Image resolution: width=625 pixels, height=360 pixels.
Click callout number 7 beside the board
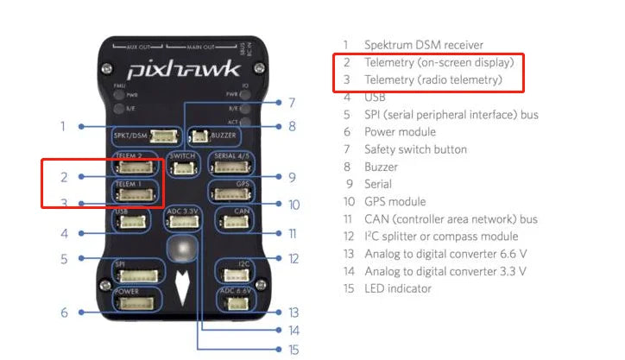coord(292,101)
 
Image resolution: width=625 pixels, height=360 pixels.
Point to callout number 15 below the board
coord(294,348)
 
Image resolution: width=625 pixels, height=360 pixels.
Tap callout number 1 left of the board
coord(63,126)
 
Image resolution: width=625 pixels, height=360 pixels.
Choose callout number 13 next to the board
coord(294,312)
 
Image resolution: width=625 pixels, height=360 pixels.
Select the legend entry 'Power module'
coord(400,132)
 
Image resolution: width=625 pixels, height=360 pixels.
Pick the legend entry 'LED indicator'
coord(397,288)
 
